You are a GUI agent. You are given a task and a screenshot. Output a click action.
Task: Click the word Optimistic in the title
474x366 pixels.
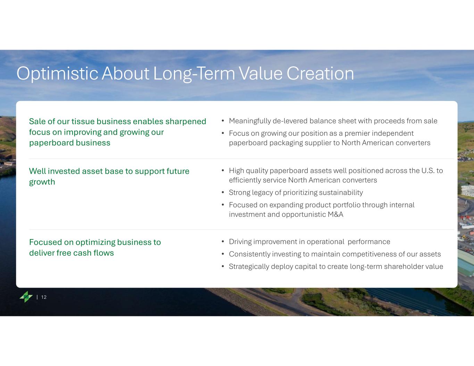pos(57,74)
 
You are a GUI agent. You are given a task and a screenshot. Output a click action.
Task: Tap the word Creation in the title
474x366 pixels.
pos(320,74)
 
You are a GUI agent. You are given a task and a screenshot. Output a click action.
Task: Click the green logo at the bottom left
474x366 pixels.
pos(26,297)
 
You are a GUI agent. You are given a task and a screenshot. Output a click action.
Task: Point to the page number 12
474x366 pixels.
pos(44,297)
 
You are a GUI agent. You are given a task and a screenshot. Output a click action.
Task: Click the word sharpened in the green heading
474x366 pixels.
pos(186,122)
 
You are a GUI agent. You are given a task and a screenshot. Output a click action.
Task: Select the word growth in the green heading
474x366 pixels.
pos(42,182)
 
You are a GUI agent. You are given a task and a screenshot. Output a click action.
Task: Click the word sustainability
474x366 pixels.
pos(341,193)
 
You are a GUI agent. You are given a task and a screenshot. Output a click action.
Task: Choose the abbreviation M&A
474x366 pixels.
pos(335,214)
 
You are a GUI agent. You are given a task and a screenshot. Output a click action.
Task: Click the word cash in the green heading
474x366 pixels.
pos(82,253)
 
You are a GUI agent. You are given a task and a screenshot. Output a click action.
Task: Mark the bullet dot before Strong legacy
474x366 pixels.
pos(223,193)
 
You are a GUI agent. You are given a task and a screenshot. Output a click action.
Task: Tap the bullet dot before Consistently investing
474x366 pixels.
pos(223,254)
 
